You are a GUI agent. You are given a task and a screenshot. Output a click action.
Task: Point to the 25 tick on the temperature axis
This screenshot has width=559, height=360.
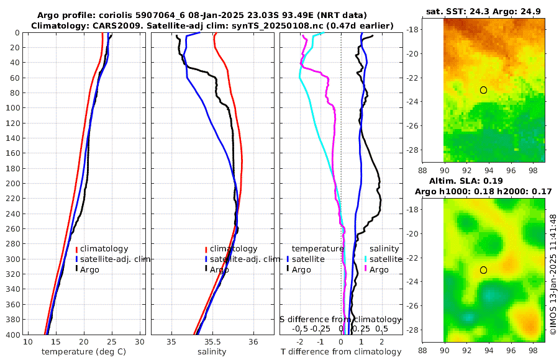[112, 342]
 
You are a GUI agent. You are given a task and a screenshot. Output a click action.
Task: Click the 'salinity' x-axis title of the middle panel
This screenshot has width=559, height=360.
[212, 352]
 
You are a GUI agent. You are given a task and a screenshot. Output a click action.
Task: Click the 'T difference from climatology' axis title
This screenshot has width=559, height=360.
[341, 353]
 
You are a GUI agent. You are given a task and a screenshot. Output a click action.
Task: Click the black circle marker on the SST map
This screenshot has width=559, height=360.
[483, 90]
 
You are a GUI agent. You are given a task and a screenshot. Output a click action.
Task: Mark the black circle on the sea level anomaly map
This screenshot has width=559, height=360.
[483, 270]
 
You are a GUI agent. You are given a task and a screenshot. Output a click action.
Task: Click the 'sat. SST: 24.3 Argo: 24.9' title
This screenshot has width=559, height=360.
[483, 12]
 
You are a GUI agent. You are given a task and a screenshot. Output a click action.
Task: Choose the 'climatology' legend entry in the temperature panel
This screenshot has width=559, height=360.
[104, 249]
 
